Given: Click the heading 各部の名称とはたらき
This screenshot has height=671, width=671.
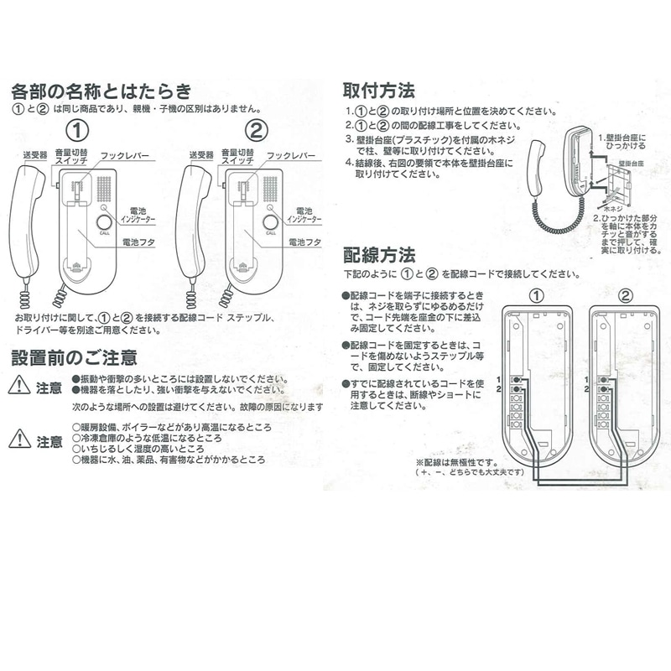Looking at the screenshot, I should click(x=101, y=91).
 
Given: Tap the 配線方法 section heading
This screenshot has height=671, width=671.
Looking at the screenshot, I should click(x=379, y=253).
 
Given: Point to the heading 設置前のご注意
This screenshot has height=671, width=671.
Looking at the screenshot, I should click(x=74, y=357).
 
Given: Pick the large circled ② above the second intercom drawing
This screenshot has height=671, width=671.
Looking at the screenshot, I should click(x=258, y=131).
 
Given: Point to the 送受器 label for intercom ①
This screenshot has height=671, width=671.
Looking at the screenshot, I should click(x=34, y=155).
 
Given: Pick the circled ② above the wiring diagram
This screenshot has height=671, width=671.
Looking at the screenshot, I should click(x=626, y=294).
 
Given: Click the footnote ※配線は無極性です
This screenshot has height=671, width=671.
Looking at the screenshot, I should click(x=457, y=462).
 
